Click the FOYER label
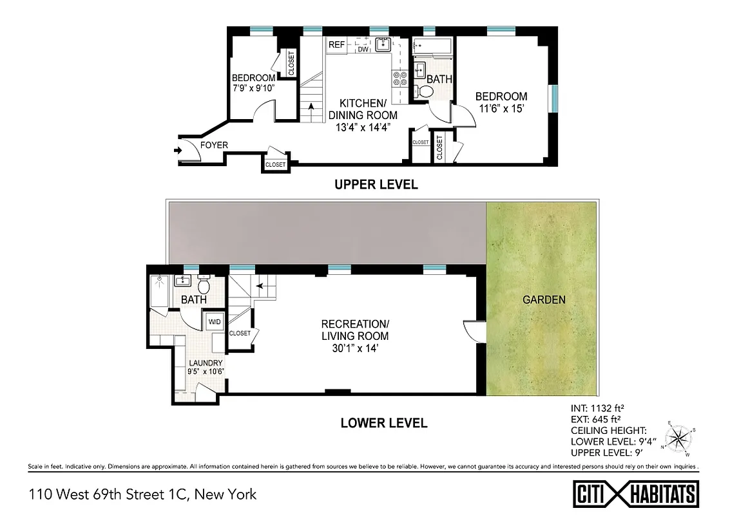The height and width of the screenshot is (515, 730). coord(214,145)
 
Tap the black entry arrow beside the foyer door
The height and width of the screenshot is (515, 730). coord(178,151)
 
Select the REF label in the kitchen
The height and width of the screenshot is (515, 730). coord(336,44)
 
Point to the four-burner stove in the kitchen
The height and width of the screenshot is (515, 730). coord(399,79)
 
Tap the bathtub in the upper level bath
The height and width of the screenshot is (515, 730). coord(432,45)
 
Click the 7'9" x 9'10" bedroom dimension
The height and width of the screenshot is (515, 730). coord(254,88)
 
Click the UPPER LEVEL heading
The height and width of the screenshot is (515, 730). coord(376,185)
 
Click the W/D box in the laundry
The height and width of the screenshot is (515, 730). coord(213,321)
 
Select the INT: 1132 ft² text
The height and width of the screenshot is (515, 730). coord(604,407)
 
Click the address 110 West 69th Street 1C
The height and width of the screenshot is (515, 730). coord(142,494)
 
